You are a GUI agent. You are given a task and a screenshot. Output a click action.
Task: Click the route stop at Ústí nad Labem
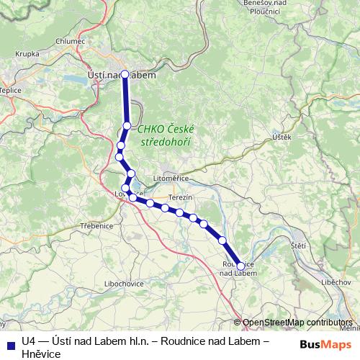pyautogui.click(x=125, y=74)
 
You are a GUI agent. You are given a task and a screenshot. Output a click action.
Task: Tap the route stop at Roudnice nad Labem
pyautogui.click(x=240, y=266)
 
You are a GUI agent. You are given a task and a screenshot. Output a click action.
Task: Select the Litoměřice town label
pyautogui.click(x=171, y=177)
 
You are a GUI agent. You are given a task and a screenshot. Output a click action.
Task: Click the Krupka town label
pyautogui.click(x=27, y=53)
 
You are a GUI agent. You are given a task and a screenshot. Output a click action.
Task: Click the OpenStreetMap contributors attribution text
pyautogui.click(x=297, y=323)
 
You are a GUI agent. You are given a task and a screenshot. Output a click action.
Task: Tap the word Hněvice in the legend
pyautogui.click(x=41, y=354)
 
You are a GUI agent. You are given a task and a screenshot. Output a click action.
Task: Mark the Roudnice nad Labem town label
pyautogui.click(x=238, y=269)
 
